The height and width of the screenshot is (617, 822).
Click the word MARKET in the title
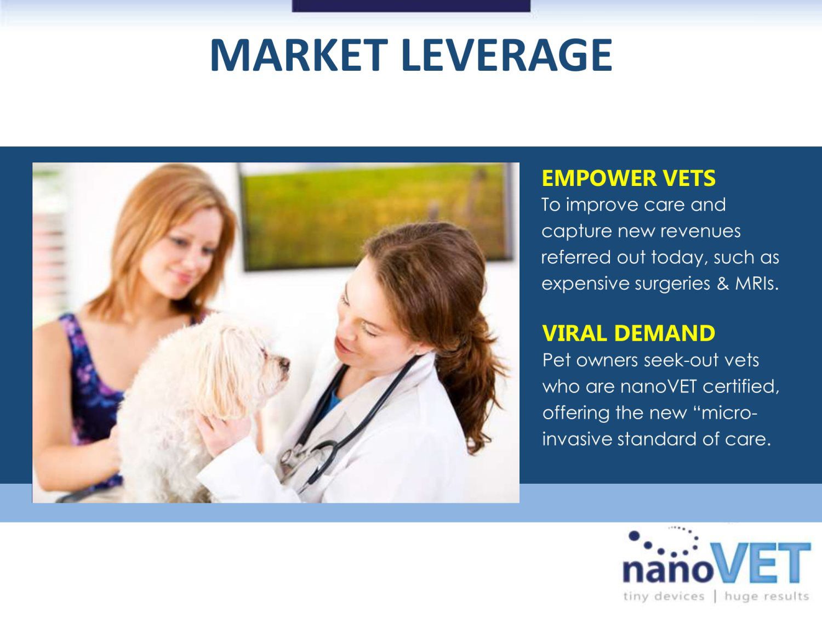pos(299,55)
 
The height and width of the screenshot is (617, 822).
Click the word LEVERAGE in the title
pos(507,55)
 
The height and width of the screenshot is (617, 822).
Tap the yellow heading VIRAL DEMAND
pos(629,333)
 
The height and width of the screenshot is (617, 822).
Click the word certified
pos(741,387)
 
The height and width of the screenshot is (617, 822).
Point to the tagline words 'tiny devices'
pos(664,596)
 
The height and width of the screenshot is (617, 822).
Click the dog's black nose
pos(284,363)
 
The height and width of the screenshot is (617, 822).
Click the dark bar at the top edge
pos(411,5)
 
